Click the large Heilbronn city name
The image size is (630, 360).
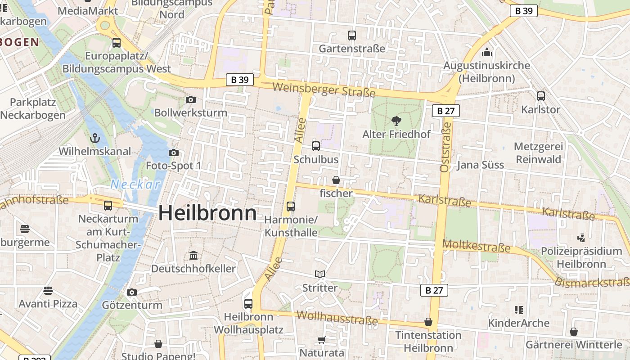click(207, 213)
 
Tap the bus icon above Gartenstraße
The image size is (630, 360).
click(352, 35)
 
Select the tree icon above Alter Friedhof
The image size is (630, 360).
click(396, 121)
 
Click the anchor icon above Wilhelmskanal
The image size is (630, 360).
click(94, 138)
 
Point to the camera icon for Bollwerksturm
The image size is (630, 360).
click(191, 99)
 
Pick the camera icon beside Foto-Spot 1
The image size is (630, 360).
click(174, 153)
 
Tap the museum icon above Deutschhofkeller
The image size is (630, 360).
click(193, 256)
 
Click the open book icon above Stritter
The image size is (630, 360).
click(320, 274)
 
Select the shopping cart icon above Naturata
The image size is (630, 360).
click(322, 340)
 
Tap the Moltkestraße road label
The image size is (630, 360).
click(477, 246)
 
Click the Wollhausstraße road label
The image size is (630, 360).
click(337, 317)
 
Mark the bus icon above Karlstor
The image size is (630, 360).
click(541, 96)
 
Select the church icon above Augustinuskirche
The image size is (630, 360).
click(487, 52)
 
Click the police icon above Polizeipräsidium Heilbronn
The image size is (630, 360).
click(581, 237)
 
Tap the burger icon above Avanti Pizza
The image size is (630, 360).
click(48, 290)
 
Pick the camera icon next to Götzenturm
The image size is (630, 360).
click(132, 292)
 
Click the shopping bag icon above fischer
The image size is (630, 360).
click(336, 180)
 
